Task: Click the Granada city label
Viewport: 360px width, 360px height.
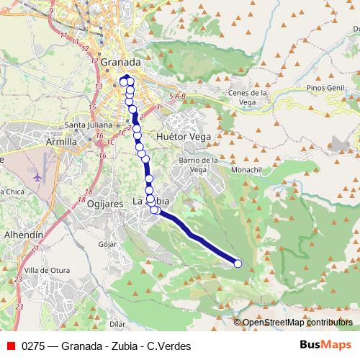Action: tap(121, 62)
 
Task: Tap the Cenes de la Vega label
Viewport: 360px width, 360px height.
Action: tap(248, 97)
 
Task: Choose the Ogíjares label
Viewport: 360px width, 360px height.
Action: tap(107, 204)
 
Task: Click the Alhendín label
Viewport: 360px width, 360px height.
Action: tap(24, 235)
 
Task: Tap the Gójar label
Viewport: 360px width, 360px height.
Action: tap(107, 245)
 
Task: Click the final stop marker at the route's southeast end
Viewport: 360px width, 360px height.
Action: tap(238, 264)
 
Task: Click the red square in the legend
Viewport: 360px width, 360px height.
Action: tap(10, 346)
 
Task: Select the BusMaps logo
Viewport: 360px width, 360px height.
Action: tap(326, 345)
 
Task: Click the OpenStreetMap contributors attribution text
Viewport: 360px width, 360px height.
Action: tap(297, 323)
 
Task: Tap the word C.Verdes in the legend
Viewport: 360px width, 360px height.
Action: tap(169, 346)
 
